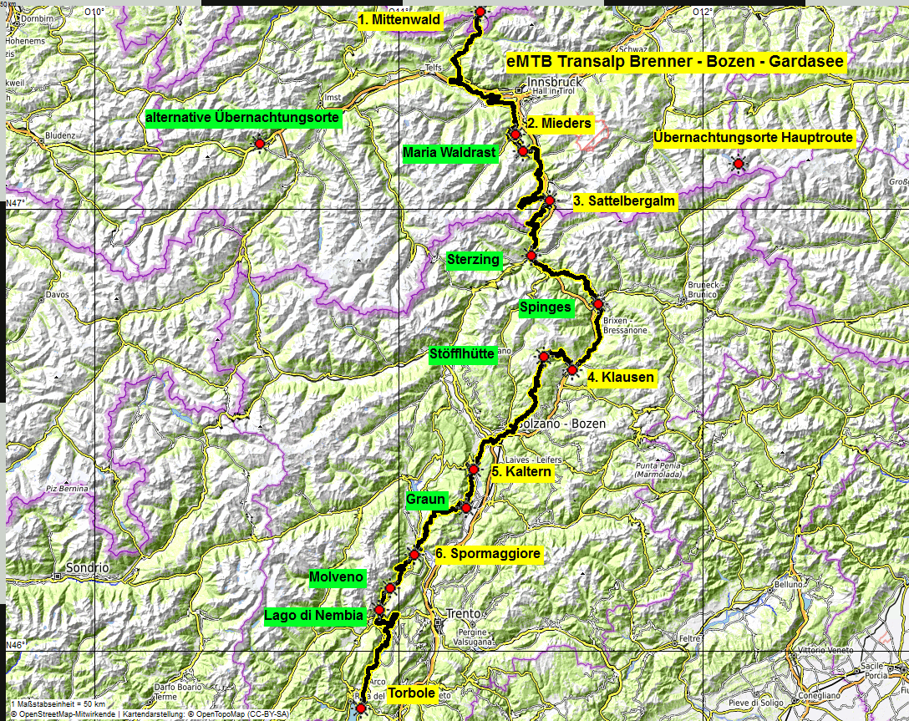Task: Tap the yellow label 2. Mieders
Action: tap(561, 124)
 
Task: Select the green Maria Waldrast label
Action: tap(449, 153)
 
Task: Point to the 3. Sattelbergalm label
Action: tap(623, 201)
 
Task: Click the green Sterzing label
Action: tap(473, 260)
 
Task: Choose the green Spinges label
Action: tap(545, 307)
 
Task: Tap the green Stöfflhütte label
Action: tap(461, 353)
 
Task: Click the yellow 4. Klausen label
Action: tap(620, 378)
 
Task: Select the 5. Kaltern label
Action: tap(521, 472)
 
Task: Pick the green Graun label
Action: tap(425, 500)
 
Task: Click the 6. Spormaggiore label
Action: tap(488, 553)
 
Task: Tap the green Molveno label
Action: tap(336, 577)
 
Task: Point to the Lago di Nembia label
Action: tap(314, 617)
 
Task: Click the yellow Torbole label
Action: tap(411, 693)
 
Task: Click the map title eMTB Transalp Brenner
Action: tap(675, 61)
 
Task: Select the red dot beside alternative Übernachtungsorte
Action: tap(259, 144)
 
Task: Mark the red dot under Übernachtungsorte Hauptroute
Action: tap(739, 164)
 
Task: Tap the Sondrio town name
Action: tap(88, 568)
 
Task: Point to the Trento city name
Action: tap(464, 613)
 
